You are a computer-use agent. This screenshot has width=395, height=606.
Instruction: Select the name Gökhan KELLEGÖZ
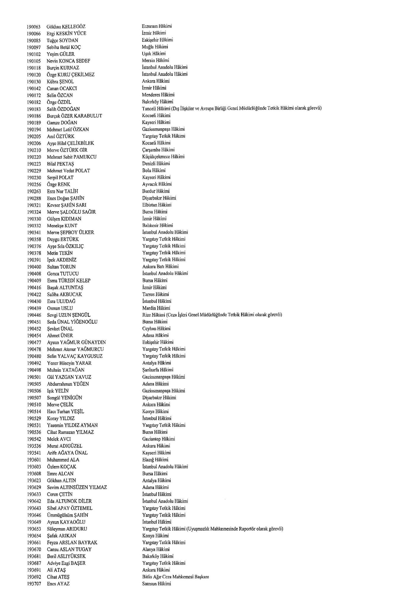[66, 27]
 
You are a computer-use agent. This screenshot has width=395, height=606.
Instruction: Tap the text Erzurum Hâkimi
[157, 26]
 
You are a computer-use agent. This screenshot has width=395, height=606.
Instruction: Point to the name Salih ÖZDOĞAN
[63, 109]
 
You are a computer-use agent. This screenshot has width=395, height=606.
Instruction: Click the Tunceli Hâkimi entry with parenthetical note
[232, 108]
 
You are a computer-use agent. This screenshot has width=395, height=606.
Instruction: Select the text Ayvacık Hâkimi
[157, 184]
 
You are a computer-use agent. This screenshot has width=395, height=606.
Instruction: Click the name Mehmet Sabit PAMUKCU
[72, 157]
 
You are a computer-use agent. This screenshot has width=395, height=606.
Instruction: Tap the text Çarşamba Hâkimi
[158, 150]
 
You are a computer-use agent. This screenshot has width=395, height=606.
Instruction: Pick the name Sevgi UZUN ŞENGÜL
[69, 315]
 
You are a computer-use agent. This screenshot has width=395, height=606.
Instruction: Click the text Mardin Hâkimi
[156, 308]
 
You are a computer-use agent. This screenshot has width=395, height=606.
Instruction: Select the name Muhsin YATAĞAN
[66, 370]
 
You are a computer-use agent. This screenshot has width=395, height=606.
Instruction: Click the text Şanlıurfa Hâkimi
[158, 370]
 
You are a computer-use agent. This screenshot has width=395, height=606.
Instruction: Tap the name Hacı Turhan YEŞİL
[65, 411]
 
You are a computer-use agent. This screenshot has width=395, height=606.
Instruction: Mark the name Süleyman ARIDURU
[67, 529]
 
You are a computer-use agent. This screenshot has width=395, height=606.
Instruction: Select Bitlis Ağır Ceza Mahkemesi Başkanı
[176, 577]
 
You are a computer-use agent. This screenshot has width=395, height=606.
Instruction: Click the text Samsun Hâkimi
[157, 584]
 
